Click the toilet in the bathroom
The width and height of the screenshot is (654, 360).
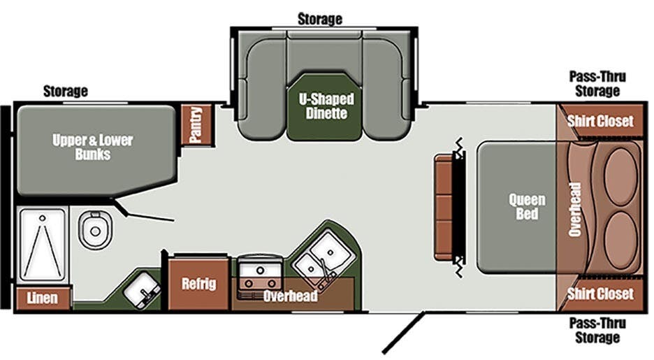96,230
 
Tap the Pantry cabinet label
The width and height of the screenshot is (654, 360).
195,124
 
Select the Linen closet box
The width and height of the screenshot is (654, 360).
43,298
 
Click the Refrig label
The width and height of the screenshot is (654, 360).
199,284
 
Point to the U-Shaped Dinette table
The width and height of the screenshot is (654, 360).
324,107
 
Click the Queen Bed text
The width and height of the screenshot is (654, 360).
527,206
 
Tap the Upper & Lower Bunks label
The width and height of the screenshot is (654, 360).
93,147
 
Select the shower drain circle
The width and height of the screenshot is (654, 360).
42,218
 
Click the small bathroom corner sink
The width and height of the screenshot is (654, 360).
143,289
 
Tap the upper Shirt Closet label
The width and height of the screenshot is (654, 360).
600,121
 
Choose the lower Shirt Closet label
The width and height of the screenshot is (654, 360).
600,294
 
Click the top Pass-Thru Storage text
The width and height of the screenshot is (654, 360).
597,84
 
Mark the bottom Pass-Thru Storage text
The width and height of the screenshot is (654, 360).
597,330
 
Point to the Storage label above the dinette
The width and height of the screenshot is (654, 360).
320,19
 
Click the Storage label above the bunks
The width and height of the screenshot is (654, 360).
66,91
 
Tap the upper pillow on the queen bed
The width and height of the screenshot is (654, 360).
621,176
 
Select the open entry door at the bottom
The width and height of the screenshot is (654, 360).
404,333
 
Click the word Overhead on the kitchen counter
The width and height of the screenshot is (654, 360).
290,296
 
